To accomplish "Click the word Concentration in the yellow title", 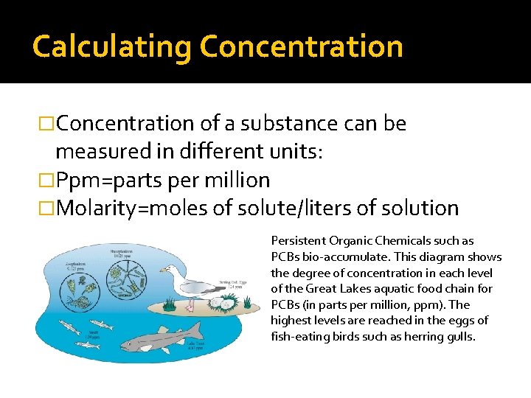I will click(301, 46).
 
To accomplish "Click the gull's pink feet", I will click(192, 303).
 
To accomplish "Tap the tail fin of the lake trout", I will click(198, 329).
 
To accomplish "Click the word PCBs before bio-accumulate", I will click(285, 257).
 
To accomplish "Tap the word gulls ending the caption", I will click(460, 337).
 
